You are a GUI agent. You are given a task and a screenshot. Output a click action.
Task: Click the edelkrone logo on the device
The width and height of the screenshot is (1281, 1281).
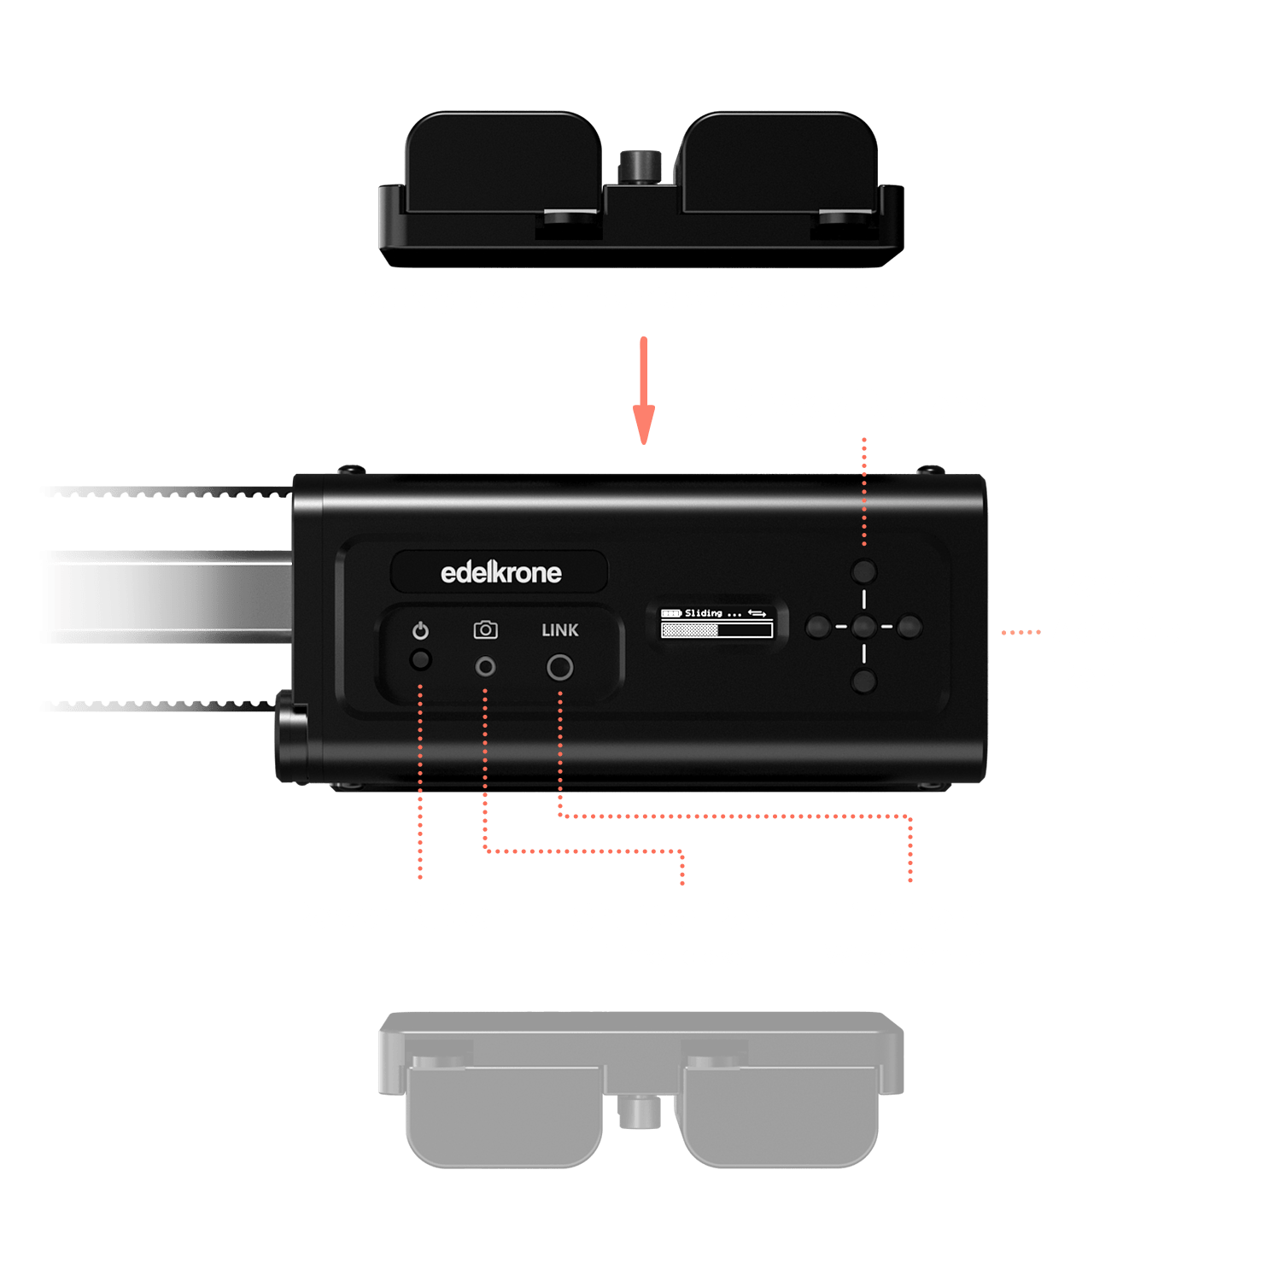coord(500,572)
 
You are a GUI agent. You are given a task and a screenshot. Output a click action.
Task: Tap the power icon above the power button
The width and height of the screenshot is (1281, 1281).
coord(420,631)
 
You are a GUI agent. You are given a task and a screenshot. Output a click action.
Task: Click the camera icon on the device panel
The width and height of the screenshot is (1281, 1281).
coord(485,630)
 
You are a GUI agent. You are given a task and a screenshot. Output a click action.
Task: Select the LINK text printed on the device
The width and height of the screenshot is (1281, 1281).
coord(560,630)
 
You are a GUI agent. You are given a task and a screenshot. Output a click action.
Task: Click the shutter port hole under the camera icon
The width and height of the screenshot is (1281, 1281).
coord(485,666)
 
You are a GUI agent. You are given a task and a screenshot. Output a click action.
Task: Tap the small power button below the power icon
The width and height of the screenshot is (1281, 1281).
coord(420,660)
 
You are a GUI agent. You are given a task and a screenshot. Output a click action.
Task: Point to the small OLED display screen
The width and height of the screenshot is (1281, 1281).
coord(717,623)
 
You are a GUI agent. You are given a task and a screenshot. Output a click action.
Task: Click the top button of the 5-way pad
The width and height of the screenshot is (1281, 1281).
coord(864,571)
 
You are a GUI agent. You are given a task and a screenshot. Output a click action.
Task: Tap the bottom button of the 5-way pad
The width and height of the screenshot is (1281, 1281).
coord(864,681)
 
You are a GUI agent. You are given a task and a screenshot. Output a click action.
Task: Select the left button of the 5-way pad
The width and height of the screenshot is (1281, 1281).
coord(818,627)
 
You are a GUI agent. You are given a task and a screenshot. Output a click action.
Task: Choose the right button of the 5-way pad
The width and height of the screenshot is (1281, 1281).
coord(910,627)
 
